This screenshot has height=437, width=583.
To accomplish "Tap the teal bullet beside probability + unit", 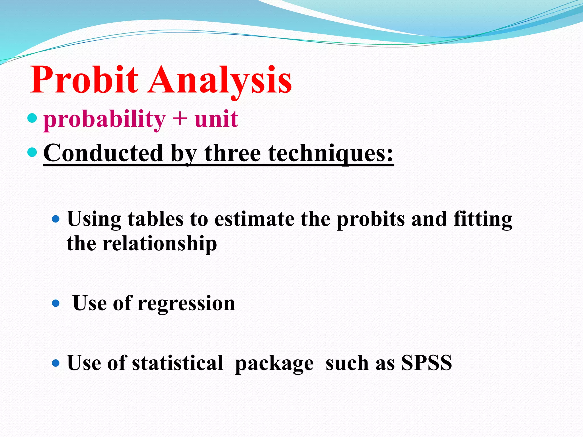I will coord(32,118).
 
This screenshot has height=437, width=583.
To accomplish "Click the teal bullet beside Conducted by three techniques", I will coord(32,152).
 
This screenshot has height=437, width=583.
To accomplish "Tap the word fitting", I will coord(483,220).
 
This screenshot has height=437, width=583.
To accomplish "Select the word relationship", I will coord(159,244).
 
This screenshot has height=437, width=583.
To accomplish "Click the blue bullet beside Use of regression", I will coord(56,304).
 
